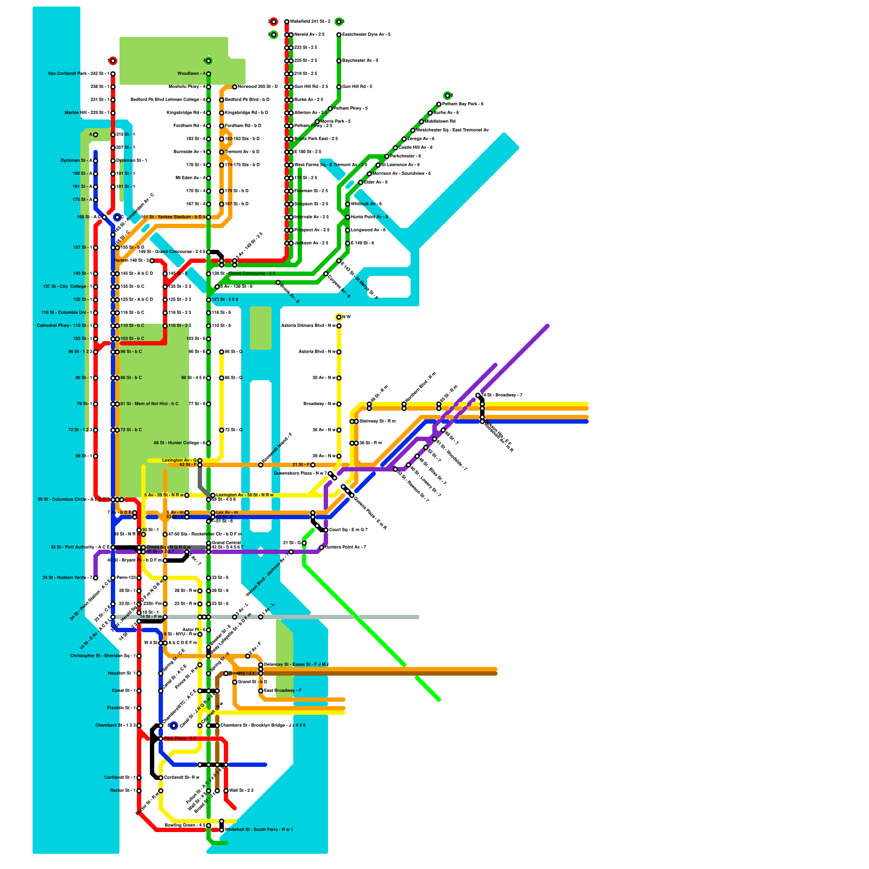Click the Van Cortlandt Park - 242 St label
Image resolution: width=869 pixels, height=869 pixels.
(x=78, y=74)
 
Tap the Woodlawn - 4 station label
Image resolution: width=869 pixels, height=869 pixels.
(x=191, y=74)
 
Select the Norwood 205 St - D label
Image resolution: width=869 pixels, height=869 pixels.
(x=258, y=87)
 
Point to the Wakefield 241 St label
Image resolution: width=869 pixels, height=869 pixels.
(x=310, y=22)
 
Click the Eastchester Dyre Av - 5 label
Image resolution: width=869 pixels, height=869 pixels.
(x=367, y=35)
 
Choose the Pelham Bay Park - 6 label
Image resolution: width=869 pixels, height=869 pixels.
(x=463, y=104)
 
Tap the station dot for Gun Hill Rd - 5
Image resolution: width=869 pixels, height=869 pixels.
(x=339, y=87)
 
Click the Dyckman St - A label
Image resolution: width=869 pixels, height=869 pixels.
(x=76, y=161)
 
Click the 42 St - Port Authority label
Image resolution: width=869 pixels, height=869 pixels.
(x=80, y=547)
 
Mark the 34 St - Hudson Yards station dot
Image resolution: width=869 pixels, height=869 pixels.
(x=96, y=578)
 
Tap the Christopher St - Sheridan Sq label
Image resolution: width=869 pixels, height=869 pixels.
(x=103, y=656)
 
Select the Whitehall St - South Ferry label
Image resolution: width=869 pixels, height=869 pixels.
(x=259, y=830)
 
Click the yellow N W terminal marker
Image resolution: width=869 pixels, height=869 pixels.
(x=339, y=317)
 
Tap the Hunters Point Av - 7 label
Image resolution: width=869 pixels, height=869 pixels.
(x=345, y=547)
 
